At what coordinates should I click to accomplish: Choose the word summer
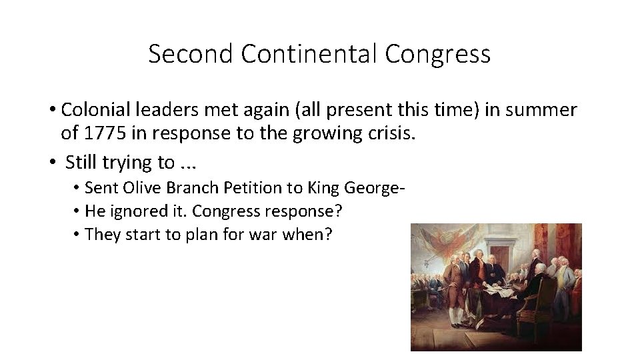(543, 110)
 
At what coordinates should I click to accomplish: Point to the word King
(323, 189)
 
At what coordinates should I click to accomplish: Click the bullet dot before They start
(79, 235)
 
